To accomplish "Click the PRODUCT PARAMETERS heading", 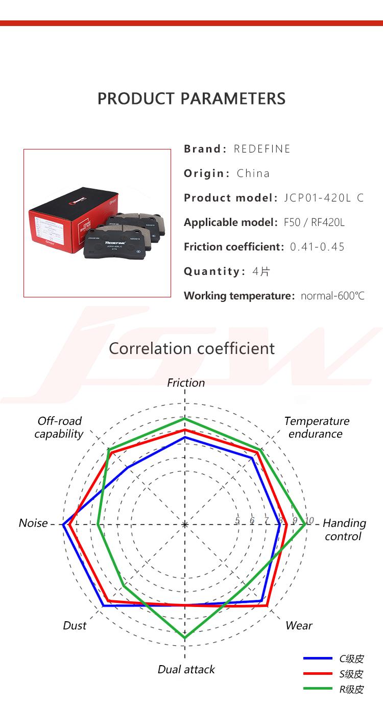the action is pos(192,98).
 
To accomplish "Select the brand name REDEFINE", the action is pos(262,148).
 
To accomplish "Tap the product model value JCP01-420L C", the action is pos(324,198).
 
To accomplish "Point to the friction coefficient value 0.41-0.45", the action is pos(317,246).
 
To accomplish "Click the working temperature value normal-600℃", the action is pos(332,296).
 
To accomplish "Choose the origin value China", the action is pos(253,173).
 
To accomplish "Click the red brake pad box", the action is pos(73,220).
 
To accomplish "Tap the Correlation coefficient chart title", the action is pos(192,348).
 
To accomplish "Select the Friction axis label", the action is pos(186,383).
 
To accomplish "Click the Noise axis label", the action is pos(33,523).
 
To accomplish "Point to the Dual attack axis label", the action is pos(186,669).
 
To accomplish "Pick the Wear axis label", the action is pos(299,625).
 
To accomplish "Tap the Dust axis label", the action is pos(75,625).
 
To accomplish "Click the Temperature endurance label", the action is pos(317,427).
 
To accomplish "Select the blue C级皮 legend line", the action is pos(318,658).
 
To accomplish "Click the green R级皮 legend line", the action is pos(318,688).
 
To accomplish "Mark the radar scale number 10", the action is pos(309,520).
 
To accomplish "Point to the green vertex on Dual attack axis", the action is pos(185,638).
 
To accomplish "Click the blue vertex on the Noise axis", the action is pos(63,524).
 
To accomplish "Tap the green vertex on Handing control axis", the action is pos(305,524).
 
